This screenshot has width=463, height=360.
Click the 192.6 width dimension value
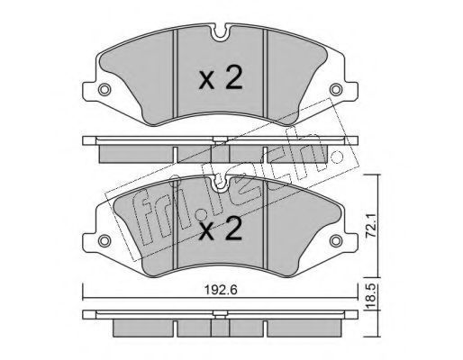(221, 290)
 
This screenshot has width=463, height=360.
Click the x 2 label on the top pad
(221, 77)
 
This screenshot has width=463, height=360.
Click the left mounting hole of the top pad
(104, 89)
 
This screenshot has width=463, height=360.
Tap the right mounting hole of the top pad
(336, 89)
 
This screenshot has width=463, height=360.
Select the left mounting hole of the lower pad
(104, 240)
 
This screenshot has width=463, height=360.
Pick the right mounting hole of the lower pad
(336, 240)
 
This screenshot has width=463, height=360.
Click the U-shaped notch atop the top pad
(221, 33)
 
